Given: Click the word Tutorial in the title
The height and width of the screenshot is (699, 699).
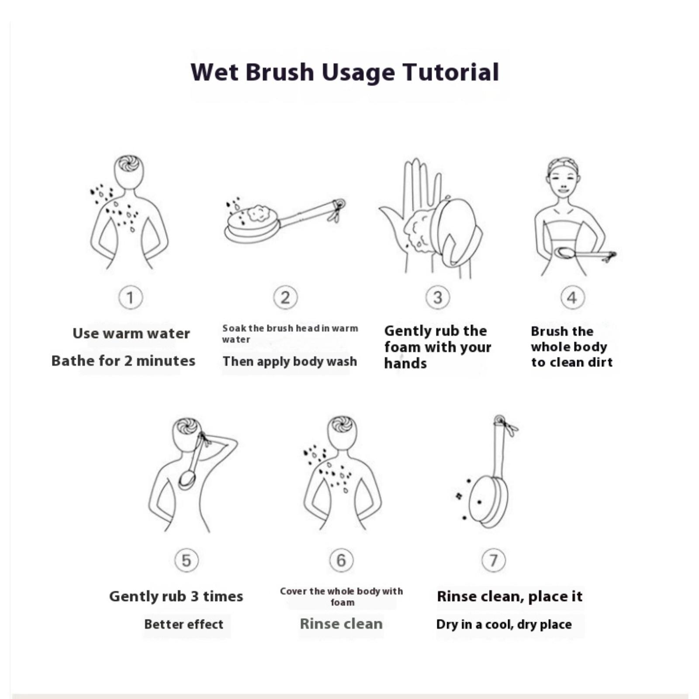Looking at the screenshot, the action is (451, 72).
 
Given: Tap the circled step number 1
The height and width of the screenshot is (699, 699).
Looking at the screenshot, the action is (130, 298).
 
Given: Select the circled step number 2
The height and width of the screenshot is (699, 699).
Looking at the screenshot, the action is (285, 298).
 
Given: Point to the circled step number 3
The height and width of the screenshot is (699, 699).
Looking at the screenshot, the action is (438, 298).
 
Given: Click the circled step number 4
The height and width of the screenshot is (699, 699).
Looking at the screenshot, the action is (572, 298).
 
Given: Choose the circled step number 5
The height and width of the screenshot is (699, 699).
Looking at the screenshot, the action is (186, 560).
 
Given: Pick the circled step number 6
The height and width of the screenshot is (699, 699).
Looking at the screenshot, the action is (341, 560).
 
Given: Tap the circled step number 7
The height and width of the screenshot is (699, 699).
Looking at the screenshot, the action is (493, 560).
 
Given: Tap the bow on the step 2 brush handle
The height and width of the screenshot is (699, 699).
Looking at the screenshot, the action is (337, 211).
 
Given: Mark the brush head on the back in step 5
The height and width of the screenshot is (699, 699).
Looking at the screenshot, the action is (187, 480).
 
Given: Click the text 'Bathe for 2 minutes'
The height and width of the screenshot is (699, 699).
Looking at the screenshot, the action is (123, 361).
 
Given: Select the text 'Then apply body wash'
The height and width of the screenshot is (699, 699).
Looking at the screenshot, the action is (290, 362).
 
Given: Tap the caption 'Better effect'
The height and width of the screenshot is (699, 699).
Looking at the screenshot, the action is (183, 624).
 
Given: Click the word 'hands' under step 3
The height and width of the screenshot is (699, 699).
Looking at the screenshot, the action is (405, 363).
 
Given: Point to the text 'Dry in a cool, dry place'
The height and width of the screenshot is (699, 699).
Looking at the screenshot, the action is (504, 625).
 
